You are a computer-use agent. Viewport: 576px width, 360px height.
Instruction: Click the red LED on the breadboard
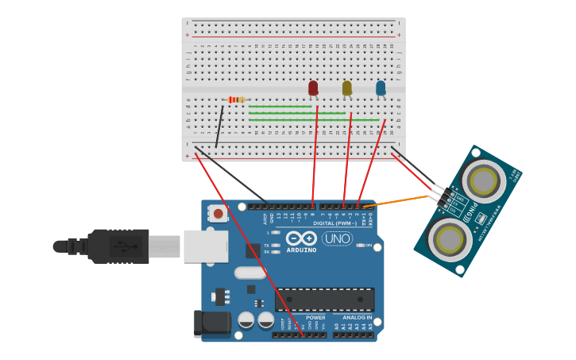[x=313, y=87]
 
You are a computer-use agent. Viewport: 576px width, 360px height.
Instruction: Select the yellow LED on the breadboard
[x=347, y=87]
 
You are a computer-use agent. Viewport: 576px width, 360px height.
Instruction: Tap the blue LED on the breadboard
[x=381, y=87]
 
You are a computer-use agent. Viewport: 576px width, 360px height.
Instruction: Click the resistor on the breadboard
[x=236, y=99]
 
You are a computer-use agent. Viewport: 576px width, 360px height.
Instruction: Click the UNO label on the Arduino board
[x=337, y=238]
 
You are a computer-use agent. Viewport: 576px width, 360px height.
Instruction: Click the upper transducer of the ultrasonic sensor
[x=483, y=181]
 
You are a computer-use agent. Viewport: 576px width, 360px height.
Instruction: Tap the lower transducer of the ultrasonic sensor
[x=450, y=238]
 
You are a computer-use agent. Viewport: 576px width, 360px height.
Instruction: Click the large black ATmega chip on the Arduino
[x=324, y=299]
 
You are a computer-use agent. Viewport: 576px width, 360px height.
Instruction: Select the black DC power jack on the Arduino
[x=211, y=323]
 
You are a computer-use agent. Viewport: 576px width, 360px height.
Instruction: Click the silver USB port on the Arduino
[x=206, y=246]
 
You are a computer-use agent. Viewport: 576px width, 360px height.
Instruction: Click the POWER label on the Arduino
[x=315, y=317]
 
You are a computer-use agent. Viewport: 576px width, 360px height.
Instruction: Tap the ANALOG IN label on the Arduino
[x=352, y=317]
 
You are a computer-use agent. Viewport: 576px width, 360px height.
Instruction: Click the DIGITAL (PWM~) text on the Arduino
[x=334, y=223]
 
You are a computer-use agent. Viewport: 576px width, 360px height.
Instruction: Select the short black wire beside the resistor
[x=219, y=126]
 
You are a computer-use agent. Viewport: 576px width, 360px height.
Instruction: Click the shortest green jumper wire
[x=280, y=106]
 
